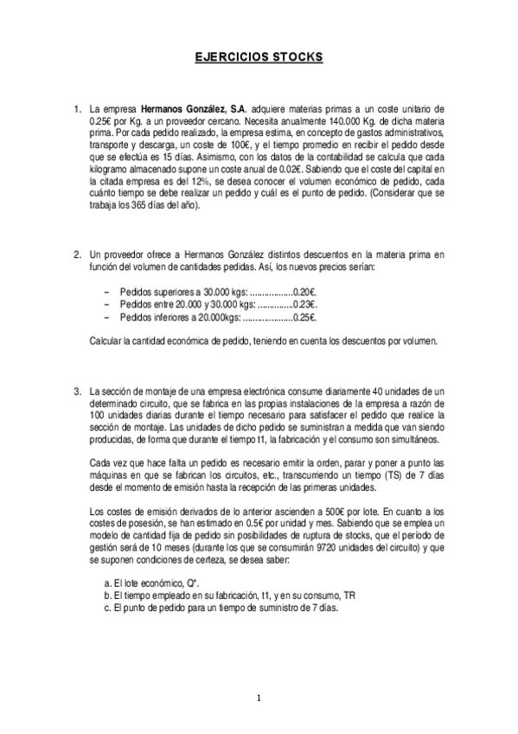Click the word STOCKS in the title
click(297, 57)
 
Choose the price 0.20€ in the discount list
click(305, 292)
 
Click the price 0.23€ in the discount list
click(305, 305)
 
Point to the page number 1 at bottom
click(259, 698)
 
